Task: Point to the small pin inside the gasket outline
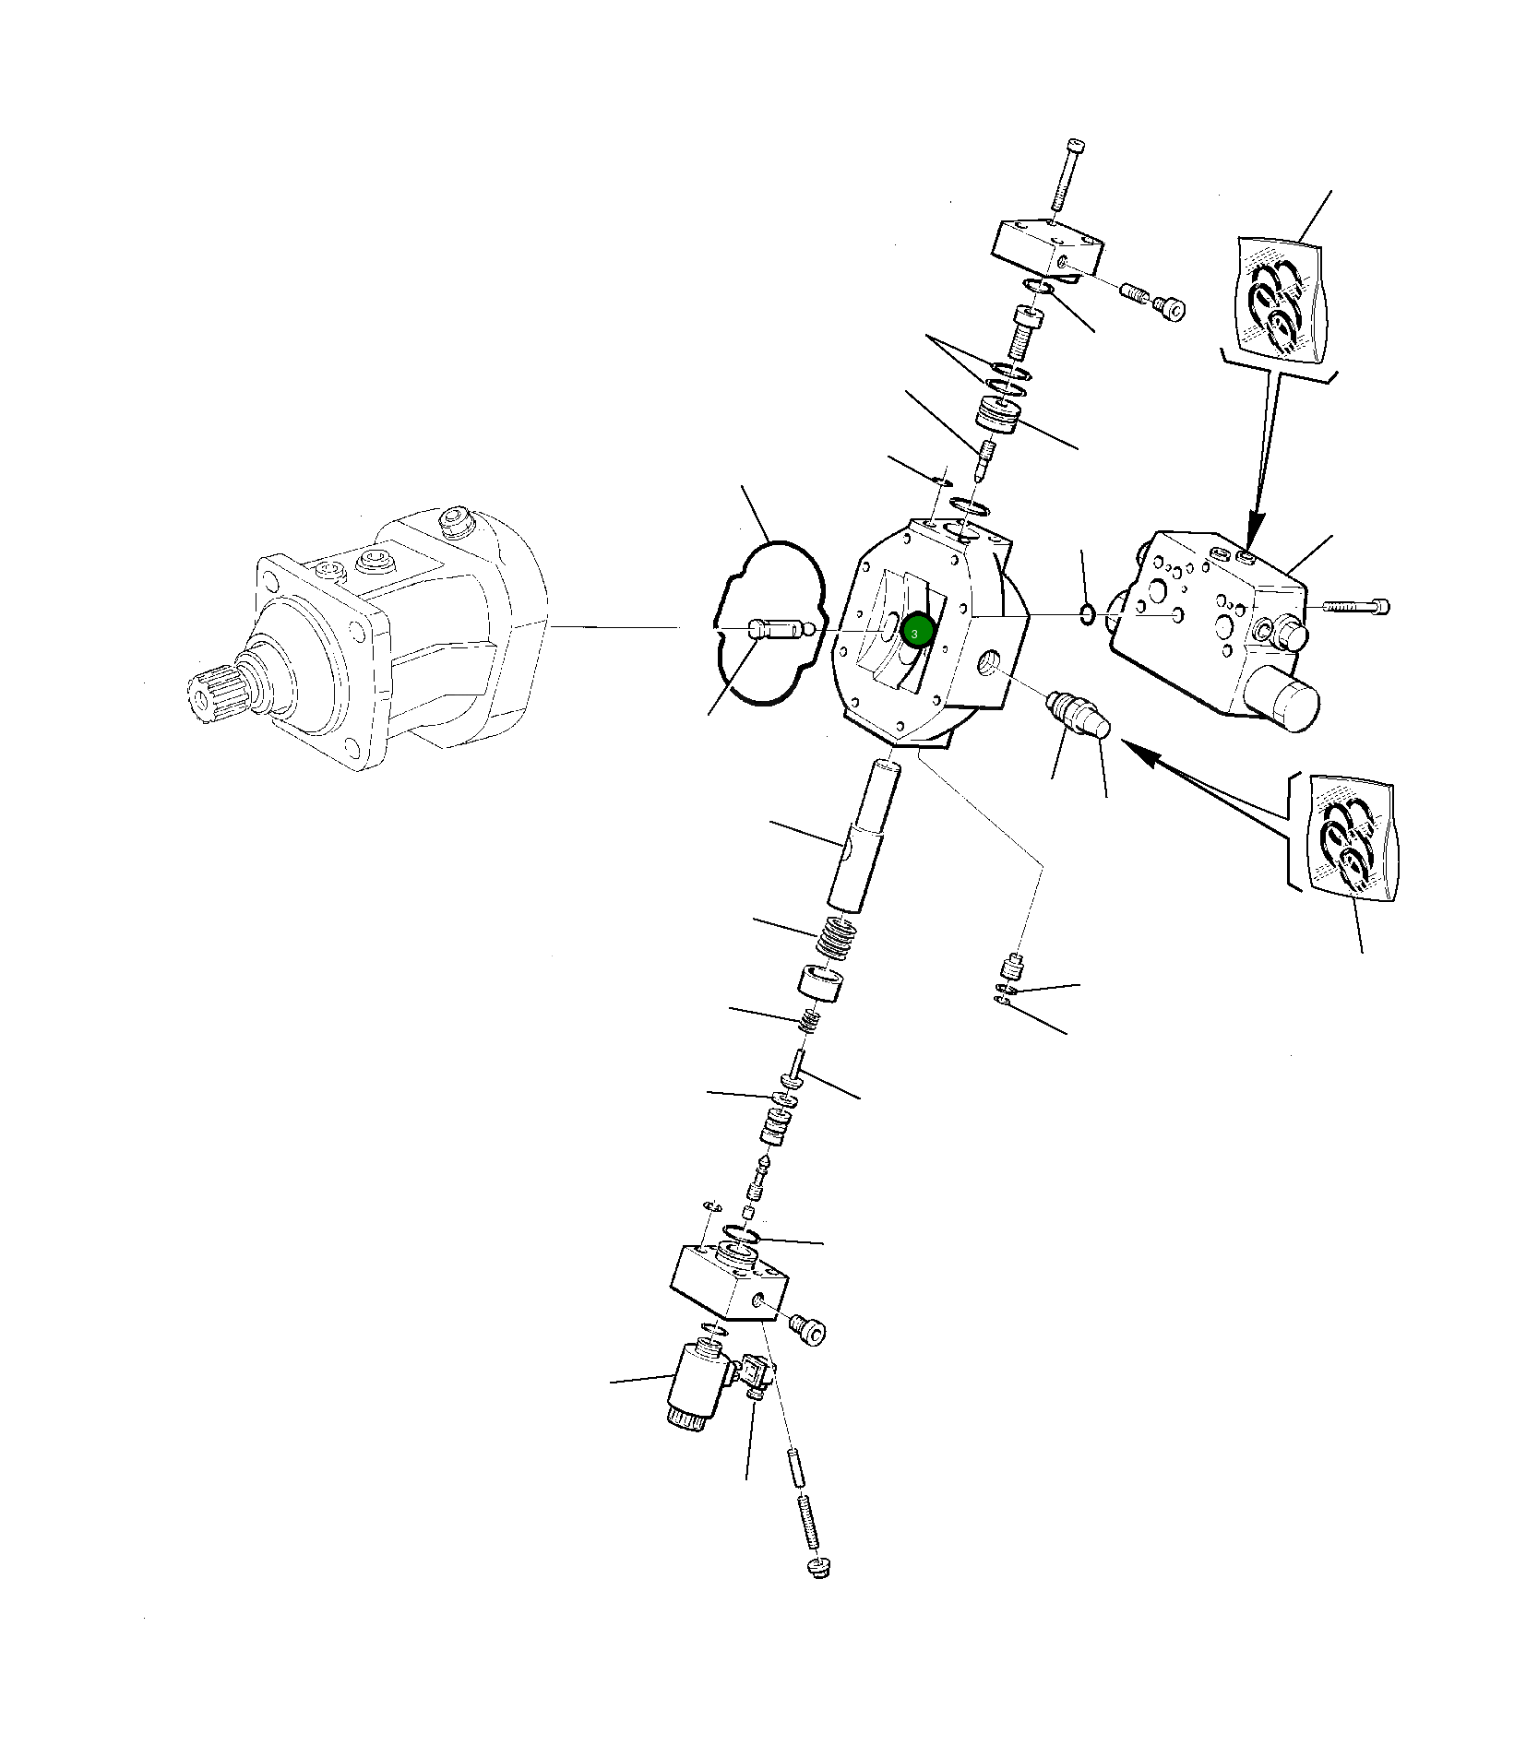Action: (x=781, y=630)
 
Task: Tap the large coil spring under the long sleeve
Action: (x=836, y=939)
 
